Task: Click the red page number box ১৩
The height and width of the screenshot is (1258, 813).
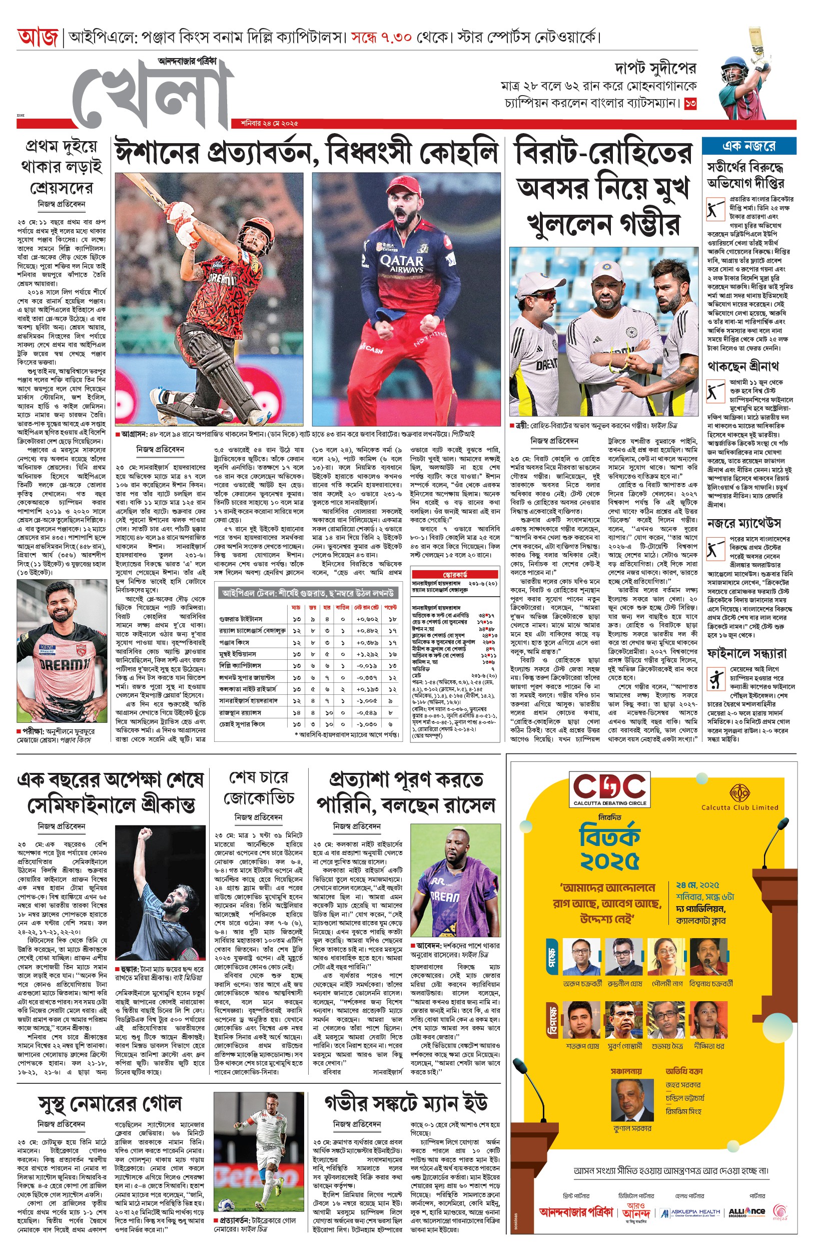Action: click(690, 104)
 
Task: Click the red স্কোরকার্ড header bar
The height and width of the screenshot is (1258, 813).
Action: click(455, 574)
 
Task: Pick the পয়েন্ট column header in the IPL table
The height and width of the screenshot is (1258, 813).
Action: click(391, 607)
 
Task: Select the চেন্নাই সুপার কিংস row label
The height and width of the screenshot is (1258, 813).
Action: click(241, 724)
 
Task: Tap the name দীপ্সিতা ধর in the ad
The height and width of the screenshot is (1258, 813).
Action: click(709, 1046)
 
